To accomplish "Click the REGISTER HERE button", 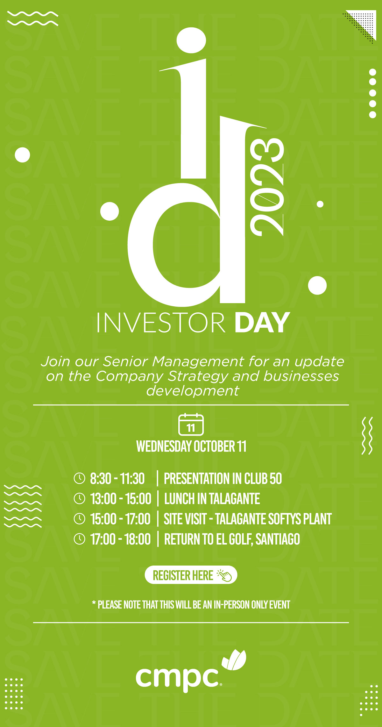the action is click(191, 575).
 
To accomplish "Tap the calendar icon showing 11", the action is click(191, 424).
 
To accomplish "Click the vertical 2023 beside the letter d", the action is click(267, 187).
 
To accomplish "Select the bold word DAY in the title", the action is click(262, 323).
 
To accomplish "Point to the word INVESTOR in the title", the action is click(161, 323).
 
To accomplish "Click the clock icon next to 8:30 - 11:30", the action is click(79, 478).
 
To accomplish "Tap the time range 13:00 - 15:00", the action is click(121, 499).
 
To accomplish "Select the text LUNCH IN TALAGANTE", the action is click(212, 499).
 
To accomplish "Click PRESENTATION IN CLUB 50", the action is click(223, 478).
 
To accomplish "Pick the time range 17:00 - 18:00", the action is click(120, 539).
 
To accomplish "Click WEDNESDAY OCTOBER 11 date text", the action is click(191, 446).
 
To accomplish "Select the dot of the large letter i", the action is click(191, 40).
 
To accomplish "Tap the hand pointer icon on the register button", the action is click(224, 575).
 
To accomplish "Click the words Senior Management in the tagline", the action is click(173, 361).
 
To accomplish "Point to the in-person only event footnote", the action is click(191, 604).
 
